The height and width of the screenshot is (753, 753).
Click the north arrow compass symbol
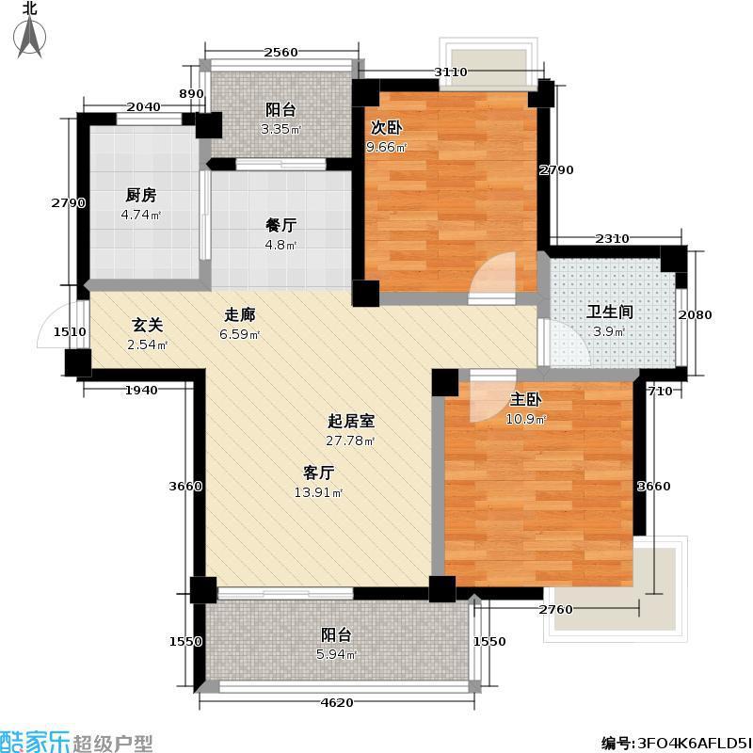coord(30,36)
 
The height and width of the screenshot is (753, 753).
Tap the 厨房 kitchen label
coord(140,195)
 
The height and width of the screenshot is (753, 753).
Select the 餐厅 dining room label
coord(280,225)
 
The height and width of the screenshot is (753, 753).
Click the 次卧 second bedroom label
coord(386,127)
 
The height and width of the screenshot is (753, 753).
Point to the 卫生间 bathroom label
coord(609,312)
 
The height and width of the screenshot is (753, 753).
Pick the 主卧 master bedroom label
coord(526,399)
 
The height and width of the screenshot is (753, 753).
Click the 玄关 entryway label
coord(148,325)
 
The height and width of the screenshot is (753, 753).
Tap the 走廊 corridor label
coord(240,314)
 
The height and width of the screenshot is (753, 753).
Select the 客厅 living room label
coord(318,473)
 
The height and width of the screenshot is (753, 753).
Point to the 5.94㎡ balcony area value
coord(336,654)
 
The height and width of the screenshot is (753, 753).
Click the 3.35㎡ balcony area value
coord(280,129)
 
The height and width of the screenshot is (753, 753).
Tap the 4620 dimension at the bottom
coord(337,702)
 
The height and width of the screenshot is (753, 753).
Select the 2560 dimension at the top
coord(280,53)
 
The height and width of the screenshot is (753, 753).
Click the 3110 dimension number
coord(451,72)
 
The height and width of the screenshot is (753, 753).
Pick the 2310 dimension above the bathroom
coord(612,238)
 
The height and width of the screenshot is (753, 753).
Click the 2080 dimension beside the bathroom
coord(695,315)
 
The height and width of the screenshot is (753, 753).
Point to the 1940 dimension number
coord(141,391)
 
